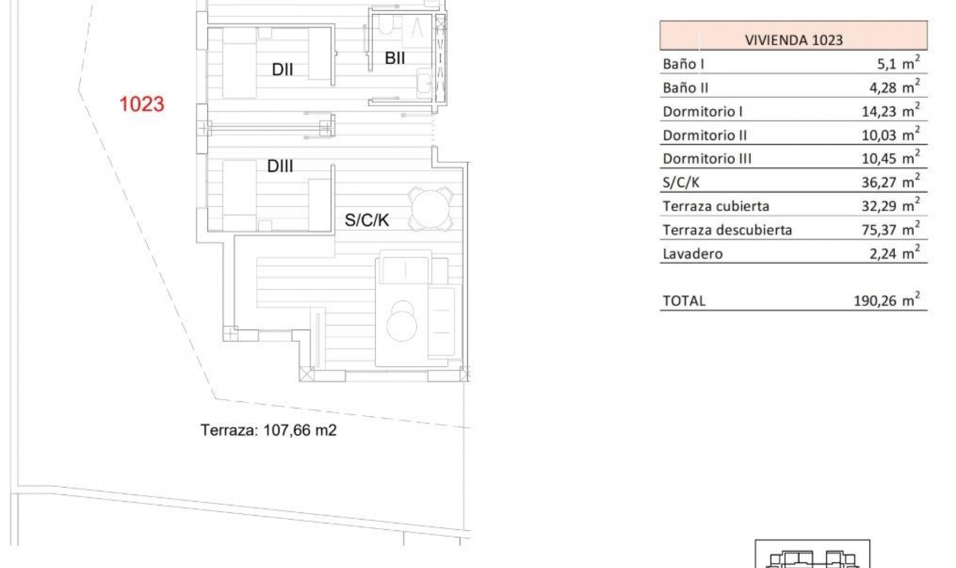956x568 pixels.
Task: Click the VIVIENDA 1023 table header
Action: click(x=793, y=40)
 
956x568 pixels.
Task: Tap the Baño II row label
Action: click(x=685, y=88)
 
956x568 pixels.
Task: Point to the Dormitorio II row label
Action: click(x=705, y=135)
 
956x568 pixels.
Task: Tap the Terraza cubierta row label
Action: click(x=716, y=206)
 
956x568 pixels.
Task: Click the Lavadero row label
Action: click(x=692, y=254)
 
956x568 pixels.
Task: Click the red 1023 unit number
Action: click(x=142, y=104)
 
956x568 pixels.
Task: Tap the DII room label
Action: click(x=282, y=70)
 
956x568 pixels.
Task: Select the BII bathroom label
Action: click(x=395, y=58)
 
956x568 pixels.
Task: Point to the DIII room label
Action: click(x=280, y=166)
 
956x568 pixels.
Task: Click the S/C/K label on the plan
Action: click(x=366, y=220)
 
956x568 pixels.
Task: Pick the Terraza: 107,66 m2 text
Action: click(x=268, y=430)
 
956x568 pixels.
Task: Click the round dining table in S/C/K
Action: click(x=430, y=208)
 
